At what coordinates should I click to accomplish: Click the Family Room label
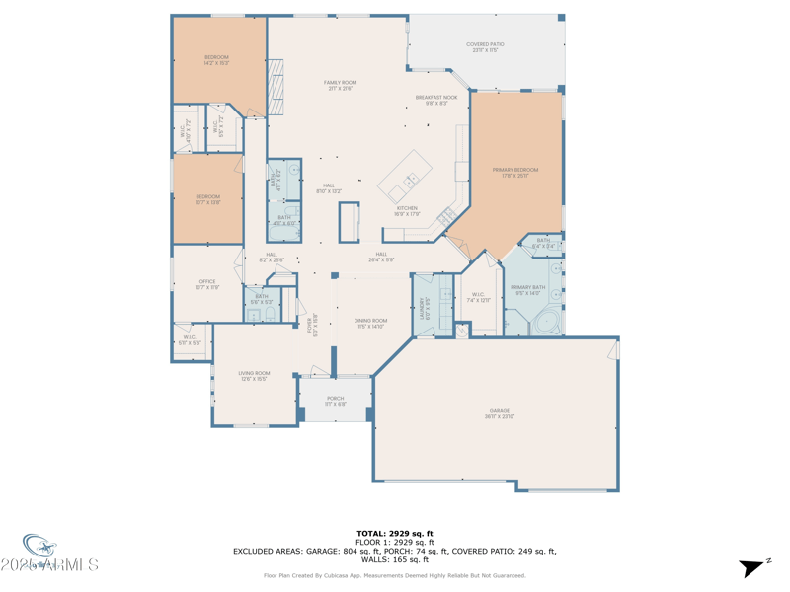341,85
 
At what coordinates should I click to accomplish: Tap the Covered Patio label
485,46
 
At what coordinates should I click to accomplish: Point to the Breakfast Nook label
435,100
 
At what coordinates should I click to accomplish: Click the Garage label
500,413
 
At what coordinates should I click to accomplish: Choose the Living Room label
254,375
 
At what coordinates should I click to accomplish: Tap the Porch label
336,401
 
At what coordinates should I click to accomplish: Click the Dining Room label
370,323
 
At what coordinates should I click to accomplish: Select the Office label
207,283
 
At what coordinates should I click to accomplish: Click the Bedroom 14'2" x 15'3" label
216,59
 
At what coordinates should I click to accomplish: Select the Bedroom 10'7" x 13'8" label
207,199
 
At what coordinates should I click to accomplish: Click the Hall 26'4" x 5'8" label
381,257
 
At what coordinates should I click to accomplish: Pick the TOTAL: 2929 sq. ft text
394,533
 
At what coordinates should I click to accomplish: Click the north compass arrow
752,567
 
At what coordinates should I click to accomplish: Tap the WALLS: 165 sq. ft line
394,559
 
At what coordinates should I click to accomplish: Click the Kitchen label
407,210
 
